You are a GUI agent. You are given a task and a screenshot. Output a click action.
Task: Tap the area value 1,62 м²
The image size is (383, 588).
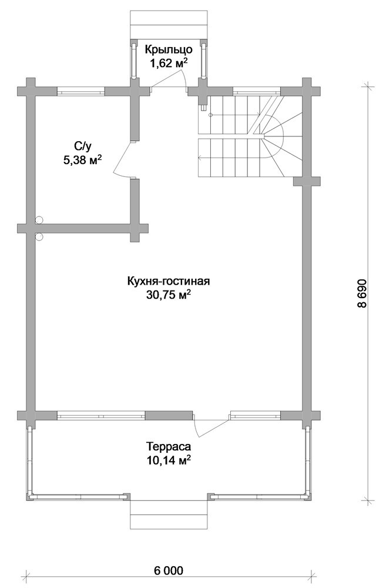(x=168, y=64)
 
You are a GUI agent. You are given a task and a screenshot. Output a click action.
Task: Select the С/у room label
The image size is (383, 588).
(x=82, y=146)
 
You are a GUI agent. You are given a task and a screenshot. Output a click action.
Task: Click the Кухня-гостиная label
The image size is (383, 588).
(x=168, y=281)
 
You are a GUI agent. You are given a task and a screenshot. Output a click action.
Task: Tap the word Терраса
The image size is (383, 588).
(x=169, y=447)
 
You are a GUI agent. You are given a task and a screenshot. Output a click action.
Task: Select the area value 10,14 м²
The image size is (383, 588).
(x=169, y=460)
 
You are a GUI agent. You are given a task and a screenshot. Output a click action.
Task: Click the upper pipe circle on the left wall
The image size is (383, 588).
(x=39, y=220)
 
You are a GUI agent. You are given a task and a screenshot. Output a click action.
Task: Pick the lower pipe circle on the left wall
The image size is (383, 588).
(x=39, y=236)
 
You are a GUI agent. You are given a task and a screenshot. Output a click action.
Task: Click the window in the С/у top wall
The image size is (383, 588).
(x=80, y=91)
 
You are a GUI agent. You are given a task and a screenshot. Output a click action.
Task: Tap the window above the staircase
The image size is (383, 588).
(x=256, y=91)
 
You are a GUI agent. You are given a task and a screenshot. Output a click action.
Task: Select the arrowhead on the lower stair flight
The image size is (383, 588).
(x=200, y=158)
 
